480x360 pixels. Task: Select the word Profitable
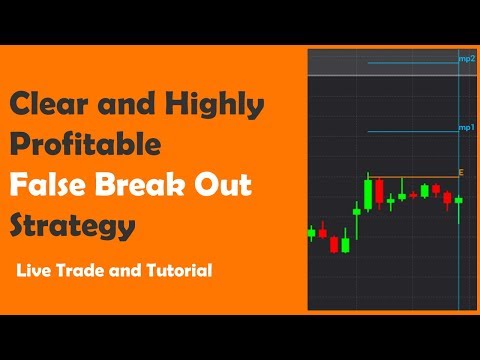click(85, 144)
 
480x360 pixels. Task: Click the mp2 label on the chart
click(466, 60)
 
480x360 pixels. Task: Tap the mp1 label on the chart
click(466, 128)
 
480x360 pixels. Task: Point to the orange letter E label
click(461, 173)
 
